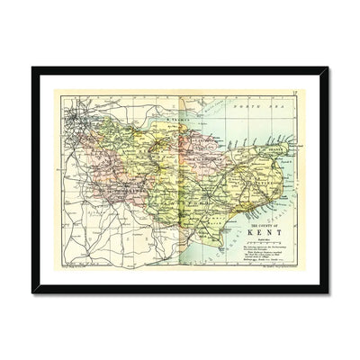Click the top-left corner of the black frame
coord(32,68)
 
